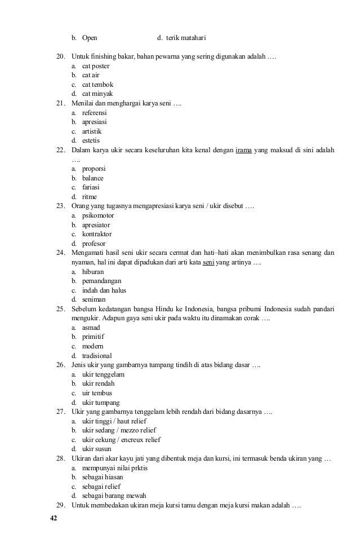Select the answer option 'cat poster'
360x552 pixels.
point(96,66)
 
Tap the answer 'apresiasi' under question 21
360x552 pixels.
point(95,122)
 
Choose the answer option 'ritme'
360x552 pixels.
point(90,196)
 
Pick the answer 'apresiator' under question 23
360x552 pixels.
point(96,224)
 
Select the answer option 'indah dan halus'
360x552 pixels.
point(104,290)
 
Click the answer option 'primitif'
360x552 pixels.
point(95,337)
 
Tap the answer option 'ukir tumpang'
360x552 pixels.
point(101,402)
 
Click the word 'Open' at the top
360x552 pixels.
point(90,38)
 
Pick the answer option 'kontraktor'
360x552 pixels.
point(97,234)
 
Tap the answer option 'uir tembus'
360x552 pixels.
point(97,392)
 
